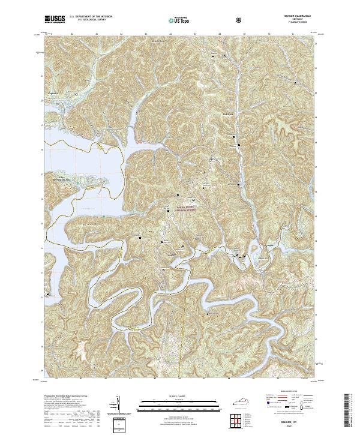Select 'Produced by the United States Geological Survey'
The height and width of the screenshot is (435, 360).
tap(61, 397)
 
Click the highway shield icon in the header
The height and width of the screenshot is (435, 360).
tap(240, 20)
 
